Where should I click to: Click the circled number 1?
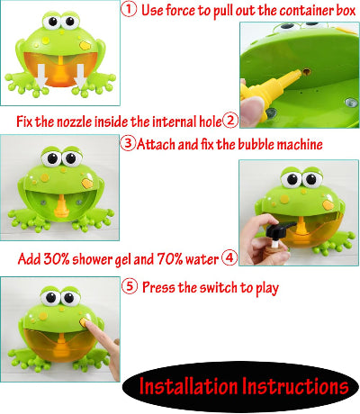click(129, 9)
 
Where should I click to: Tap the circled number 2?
click(230, 121)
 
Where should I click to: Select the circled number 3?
click(128, 143)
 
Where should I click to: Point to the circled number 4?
click(229, 257)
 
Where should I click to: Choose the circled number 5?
click(130, 286)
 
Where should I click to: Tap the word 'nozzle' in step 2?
click(75, 121)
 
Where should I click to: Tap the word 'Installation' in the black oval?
click(189, 386)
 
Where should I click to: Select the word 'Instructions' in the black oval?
click(295, 386)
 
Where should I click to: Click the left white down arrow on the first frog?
click(41, 76)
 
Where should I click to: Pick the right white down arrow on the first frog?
click(80, 76)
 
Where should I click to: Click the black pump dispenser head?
click(279, 229)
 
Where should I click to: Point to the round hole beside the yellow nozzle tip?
click(306, 72)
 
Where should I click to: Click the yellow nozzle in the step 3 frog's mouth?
click(61, 206)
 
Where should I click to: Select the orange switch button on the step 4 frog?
click(328, 205)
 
